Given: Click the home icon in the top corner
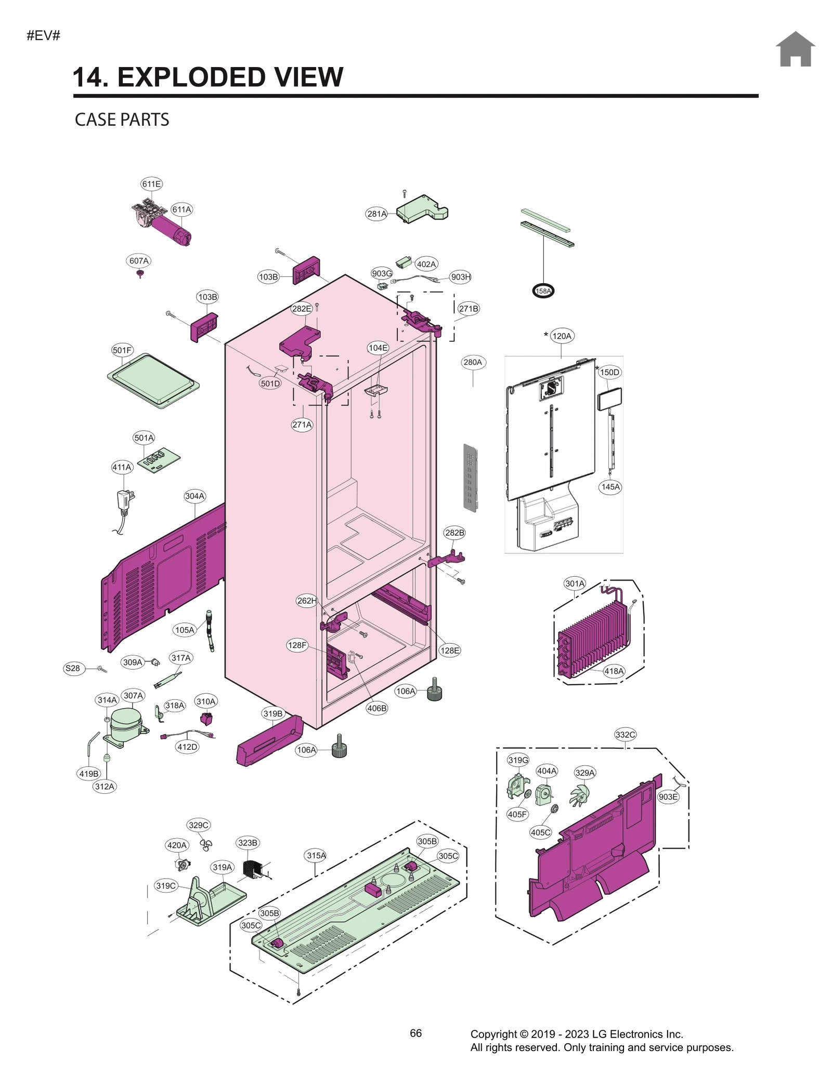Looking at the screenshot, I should [x=795, y=49].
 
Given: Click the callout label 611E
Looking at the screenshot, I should [x=151, y=184].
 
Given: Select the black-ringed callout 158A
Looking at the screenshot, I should [x=543, y=291].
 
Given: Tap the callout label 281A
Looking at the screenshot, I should [x=376, y=214].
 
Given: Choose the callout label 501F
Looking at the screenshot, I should [x=122, y=350].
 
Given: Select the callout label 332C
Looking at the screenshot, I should [x=625, y=734].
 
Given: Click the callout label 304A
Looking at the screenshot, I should [x=194, y=496].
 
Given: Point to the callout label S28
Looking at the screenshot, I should [x=72, y=668].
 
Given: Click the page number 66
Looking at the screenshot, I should [x=415, y=1033].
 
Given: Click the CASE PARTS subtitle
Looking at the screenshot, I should [x=122, y=119].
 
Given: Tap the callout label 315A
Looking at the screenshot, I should [x=316, y=855].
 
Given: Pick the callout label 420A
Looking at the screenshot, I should [x=177, y=845].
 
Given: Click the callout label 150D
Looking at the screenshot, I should [x=609, y=372].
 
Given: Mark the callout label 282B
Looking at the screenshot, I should [x=454, y=533].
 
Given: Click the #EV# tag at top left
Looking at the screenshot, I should [x=43, y=36].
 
